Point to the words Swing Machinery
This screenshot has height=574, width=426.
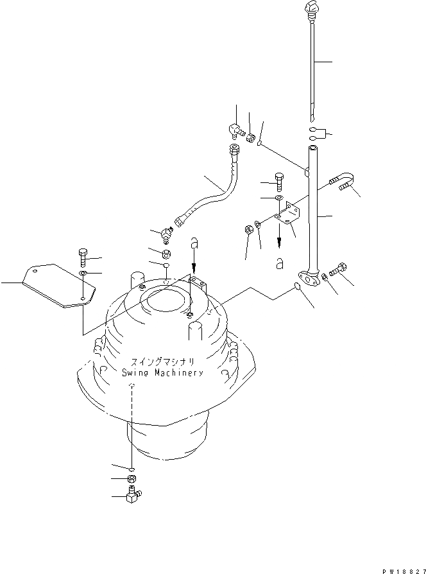[162, 372]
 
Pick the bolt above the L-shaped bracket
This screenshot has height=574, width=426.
[278, 180]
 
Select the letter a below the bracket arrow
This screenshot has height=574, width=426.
[278, 262]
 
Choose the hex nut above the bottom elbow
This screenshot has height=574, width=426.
[131, 479]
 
